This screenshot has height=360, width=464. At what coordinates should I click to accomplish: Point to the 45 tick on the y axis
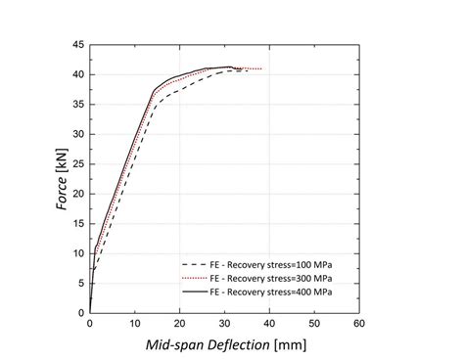click(77, 45)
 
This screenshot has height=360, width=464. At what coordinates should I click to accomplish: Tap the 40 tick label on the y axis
click(77, 74)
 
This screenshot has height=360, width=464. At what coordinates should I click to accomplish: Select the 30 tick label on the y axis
click(77, 134)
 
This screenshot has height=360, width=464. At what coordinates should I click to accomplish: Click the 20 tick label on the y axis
click(77, 194)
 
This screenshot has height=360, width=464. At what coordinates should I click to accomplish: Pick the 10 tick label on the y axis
click(77, 253)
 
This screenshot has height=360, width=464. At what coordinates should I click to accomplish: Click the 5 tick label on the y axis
click(80, 283)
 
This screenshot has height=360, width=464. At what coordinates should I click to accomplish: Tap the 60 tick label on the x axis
click(358, 324)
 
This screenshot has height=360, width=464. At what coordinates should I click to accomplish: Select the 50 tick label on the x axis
click(313, 324)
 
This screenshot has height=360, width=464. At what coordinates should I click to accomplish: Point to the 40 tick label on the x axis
click(269, 324)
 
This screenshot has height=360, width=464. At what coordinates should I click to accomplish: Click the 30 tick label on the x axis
click(224, 324)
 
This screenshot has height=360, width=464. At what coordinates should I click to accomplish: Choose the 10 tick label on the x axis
click(134, 324)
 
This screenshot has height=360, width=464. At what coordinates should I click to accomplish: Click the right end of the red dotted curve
click(261, 68)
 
